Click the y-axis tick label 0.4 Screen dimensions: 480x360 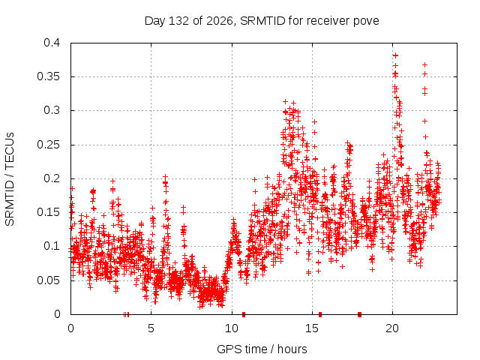point(52,43)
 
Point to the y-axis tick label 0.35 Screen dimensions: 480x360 point(49,76)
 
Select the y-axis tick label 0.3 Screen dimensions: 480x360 point(52,110)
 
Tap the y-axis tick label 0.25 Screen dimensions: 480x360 point(49,145)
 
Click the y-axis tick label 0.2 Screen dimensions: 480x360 point(52,178)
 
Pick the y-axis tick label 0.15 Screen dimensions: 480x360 point(49,212)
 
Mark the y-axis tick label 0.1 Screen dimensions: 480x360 point(52,246)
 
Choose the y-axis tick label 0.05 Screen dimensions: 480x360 point(49,280)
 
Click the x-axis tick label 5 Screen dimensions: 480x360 point(151,328)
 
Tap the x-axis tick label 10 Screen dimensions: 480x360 point(232,328)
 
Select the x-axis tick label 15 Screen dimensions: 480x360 point(312,328)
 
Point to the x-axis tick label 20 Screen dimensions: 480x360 point(392,328)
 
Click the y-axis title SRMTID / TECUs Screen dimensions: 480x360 point(10,179)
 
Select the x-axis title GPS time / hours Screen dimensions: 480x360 point(262,349)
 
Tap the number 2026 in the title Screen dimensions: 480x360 point(220,21)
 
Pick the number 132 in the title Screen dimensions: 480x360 point(179,21)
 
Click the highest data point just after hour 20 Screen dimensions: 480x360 point(395,55)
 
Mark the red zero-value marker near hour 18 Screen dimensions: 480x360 point(360,314)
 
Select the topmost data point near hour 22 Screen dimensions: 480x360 point(425,65)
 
